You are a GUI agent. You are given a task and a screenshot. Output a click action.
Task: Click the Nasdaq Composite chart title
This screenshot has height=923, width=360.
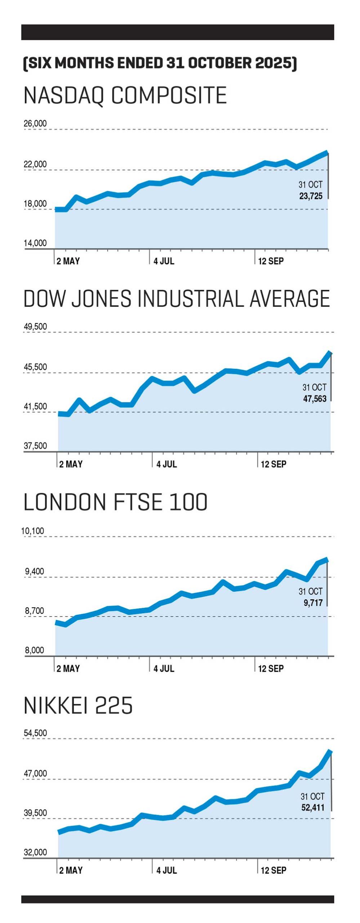click(x=125, y=96)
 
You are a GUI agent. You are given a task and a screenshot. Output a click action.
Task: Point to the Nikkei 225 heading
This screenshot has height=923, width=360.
click(x=78, y=706)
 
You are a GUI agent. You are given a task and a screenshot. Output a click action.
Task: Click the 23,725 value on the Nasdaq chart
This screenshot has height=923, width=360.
click(x=311, y=196)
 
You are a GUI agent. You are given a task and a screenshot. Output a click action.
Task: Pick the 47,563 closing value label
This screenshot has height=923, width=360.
click(x=315, y=399)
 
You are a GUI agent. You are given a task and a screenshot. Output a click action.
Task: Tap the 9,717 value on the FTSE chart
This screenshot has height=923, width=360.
click(x=313, y=602)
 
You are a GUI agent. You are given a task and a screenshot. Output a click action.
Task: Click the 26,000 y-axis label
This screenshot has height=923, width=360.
click(x=35, y=124)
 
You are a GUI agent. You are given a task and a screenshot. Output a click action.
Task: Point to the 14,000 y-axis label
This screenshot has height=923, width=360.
click(x=35, y=243)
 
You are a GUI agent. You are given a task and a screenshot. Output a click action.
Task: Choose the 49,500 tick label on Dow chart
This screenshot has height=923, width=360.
click(x=35, y=327)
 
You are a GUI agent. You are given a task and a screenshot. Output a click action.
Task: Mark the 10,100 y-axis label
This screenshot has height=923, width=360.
click(x=33, y=531)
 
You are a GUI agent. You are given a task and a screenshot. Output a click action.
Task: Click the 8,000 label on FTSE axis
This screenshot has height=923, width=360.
click(x=34, y=650)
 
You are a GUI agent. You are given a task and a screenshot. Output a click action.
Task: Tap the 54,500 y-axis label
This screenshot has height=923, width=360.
click(x=35, y=733)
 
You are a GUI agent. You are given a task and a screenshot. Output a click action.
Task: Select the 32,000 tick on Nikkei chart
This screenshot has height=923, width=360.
click(x=35, y=852)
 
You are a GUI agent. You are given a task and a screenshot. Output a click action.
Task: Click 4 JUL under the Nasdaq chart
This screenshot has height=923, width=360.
click(x=164, y=261)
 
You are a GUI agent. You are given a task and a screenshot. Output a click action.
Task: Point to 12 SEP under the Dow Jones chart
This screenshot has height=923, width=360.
click(x=274, y=464)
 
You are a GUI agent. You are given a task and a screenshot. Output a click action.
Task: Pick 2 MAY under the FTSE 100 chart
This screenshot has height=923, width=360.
click(x=68, y=668)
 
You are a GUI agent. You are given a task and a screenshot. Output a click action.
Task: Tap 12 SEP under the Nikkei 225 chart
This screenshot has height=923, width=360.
click(x=274, y=870)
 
